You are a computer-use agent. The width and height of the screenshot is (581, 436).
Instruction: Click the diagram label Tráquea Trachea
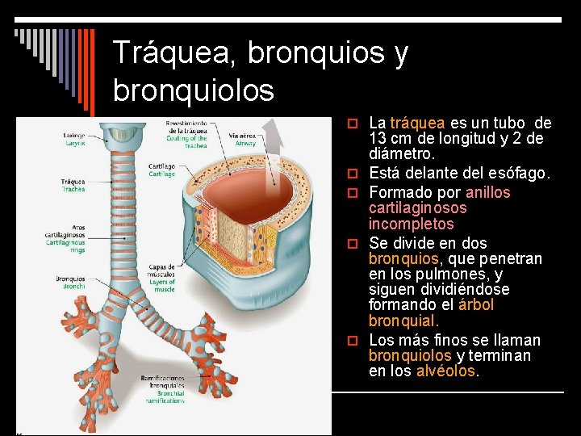click(73, 185)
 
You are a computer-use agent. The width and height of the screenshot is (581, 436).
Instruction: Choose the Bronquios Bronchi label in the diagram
click(71, 283)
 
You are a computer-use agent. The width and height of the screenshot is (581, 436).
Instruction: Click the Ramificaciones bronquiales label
click(161, 388)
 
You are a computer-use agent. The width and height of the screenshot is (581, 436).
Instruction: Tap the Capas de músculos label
click(162, 278)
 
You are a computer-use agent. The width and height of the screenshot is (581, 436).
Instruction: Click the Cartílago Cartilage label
click(161, 170)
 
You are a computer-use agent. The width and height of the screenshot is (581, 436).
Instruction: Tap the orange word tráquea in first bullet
click(416, 124)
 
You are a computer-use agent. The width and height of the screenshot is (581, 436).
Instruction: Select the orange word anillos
click(488, 193)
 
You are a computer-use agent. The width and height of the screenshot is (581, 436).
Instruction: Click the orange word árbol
click(475, 305)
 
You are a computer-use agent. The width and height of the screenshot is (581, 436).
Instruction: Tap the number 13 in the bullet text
click(378, 139)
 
